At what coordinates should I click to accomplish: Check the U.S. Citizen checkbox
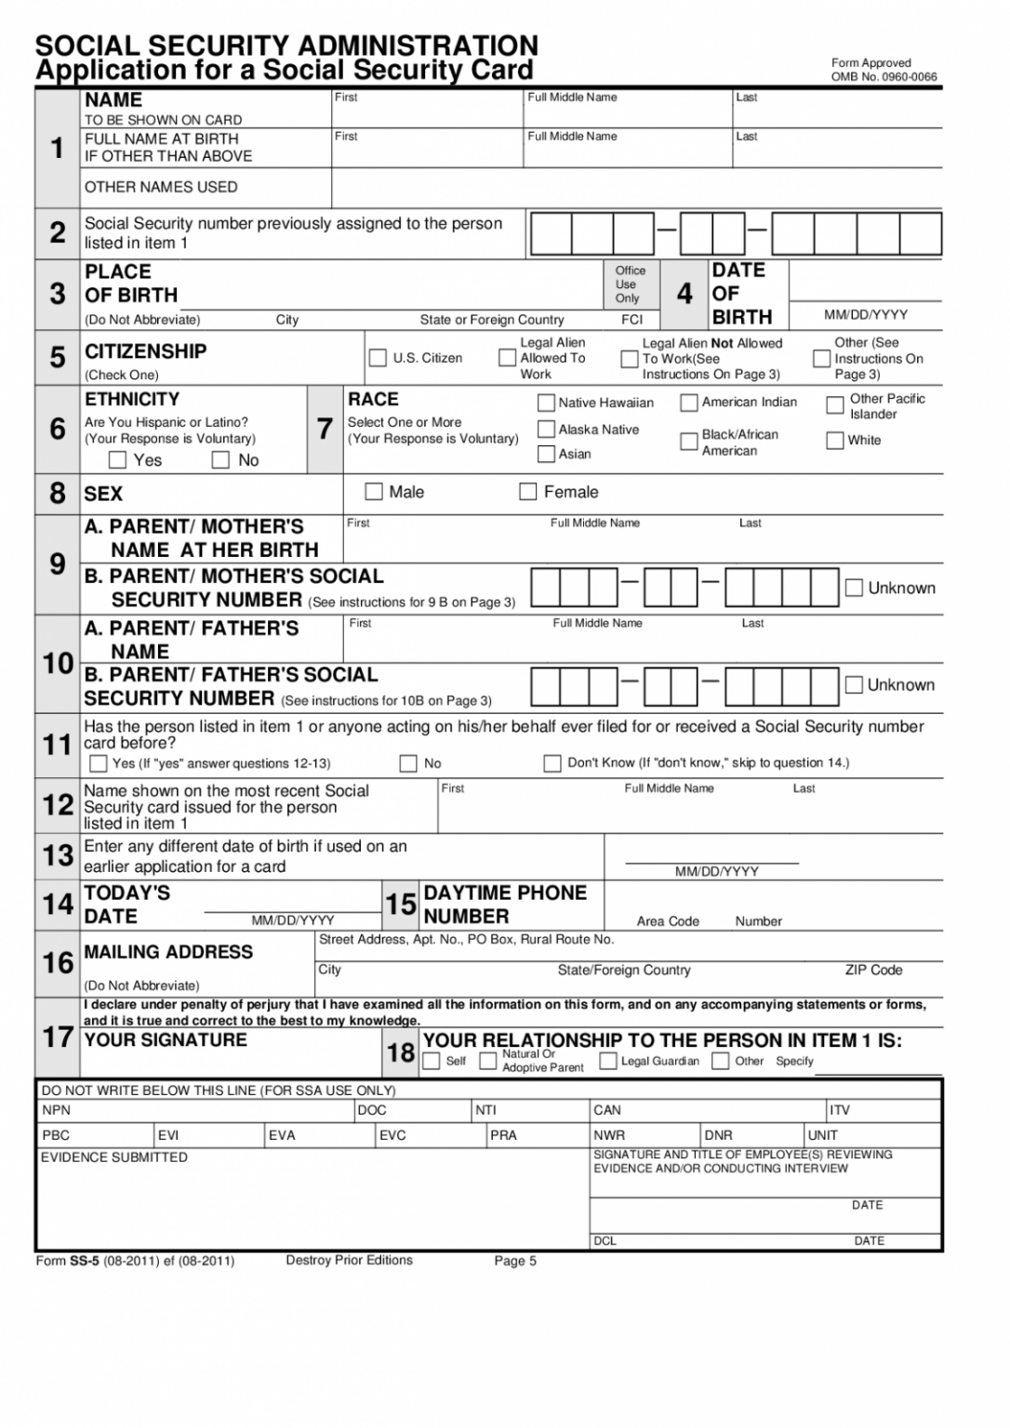[378, 358]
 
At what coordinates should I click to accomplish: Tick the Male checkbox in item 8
[374, 492]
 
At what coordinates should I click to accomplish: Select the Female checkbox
[527, 492]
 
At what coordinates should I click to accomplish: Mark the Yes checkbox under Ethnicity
[118, 460]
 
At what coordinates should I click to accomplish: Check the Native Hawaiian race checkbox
[546, 403]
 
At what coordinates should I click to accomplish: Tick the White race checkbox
[835, 440]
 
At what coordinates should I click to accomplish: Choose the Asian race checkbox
[546, 454]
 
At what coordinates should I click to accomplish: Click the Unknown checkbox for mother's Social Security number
[854, 588]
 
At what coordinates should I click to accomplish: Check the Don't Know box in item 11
[552, 763]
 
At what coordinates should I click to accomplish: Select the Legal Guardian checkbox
[608, 1061]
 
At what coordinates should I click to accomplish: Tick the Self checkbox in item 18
[432, 1061]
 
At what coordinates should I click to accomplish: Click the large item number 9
[58, 564]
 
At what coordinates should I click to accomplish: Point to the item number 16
[58, 962]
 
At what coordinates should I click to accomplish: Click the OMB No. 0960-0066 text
[884, 77]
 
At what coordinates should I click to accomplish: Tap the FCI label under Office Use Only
[631, 320]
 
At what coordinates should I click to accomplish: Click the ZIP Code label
[873, 970]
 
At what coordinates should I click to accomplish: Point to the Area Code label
[668, 921]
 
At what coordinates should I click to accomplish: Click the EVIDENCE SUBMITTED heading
[114, 1157]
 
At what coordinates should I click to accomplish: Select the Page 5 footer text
[515, 1262]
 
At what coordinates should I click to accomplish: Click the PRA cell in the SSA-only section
[503, 1135]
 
